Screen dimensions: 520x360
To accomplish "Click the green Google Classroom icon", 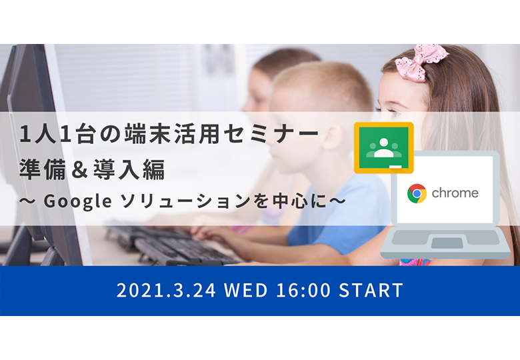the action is (384, 147).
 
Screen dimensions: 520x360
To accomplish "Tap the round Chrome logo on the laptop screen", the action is (417, 193).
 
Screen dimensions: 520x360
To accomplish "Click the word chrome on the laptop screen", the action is (455, 193).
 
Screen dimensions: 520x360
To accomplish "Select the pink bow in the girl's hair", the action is (420, 61).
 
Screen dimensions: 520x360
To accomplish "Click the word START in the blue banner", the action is (371, 290).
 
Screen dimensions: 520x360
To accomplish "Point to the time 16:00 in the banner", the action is (303, 290).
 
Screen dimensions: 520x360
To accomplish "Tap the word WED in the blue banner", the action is (246, 290).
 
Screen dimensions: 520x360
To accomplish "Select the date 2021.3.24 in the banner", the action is (166, 290).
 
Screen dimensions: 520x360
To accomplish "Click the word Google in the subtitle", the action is (77, 201).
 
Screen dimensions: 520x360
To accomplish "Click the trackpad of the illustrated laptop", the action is (447, 243).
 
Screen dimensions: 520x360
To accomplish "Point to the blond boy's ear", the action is (332, 137).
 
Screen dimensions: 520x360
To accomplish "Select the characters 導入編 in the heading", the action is (129, 169).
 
